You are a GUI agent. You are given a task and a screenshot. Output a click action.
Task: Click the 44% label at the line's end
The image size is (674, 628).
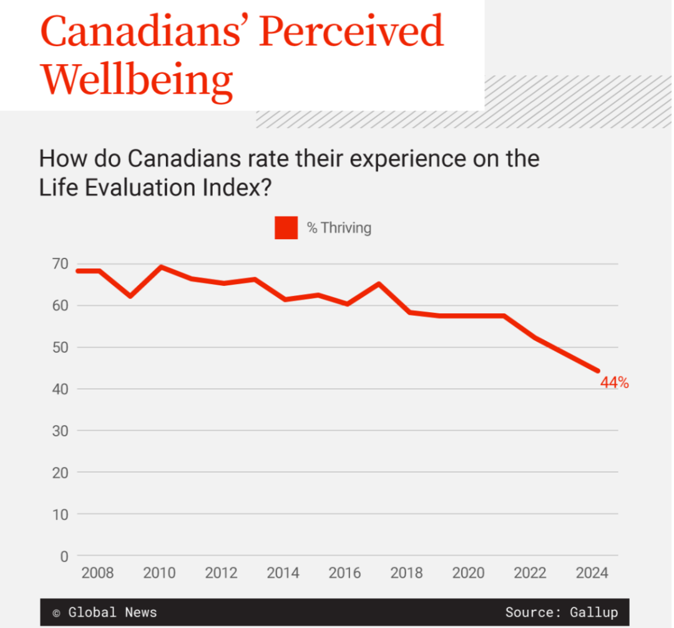pos(614,383)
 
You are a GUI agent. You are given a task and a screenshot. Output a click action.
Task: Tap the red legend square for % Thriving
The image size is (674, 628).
pos(286,228)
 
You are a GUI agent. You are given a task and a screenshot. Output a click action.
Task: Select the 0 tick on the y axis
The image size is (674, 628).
pos(64,556)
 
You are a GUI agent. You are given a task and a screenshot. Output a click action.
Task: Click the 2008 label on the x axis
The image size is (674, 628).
pos(97,573)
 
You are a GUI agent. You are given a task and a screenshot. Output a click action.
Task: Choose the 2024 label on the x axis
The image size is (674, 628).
pos(592,573)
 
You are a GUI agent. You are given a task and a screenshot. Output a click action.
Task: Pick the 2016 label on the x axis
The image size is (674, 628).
pos(344,573)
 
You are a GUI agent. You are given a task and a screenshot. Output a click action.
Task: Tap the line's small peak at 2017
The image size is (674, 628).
pos(379,284)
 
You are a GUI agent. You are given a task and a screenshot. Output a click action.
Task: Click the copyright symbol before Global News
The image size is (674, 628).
pos(56,613)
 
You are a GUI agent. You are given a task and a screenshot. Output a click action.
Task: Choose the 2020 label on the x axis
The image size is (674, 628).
pos(468,573)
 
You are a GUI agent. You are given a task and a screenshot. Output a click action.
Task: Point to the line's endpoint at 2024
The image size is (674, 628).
pos(597,371)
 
